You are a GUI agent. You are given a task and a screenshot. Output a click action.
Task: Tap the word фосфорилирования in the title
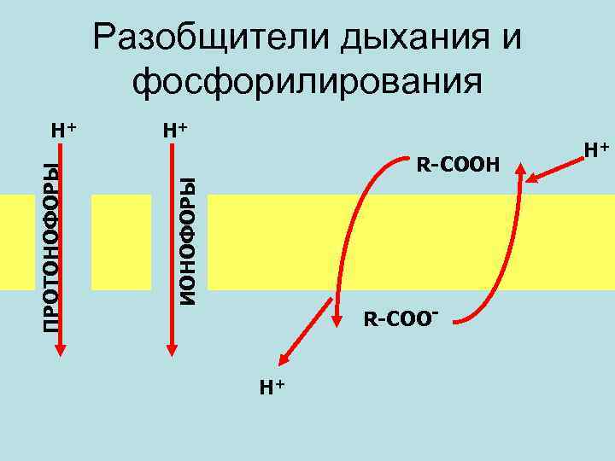tap(307, 81)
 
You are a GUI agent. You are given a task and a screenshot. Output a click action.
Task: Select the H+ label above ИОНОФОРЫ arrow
tap(174, 131)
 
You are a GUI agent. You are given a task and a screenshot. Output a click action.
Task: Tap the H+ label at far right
tap(595, 152)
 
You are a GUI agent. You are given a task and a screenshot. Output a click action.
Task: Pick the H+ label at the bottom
tap(271, 387)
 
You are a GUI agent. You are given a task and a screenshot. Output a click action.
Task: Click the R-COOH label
tap(458, 164)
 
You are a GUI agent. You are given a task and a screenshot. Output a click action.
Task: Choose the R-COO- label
tap(401, 319)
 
